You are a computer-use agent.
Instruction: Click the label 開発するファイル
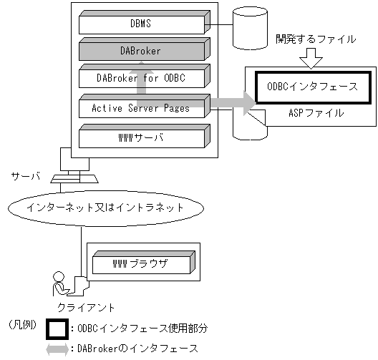click(316, 39)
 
